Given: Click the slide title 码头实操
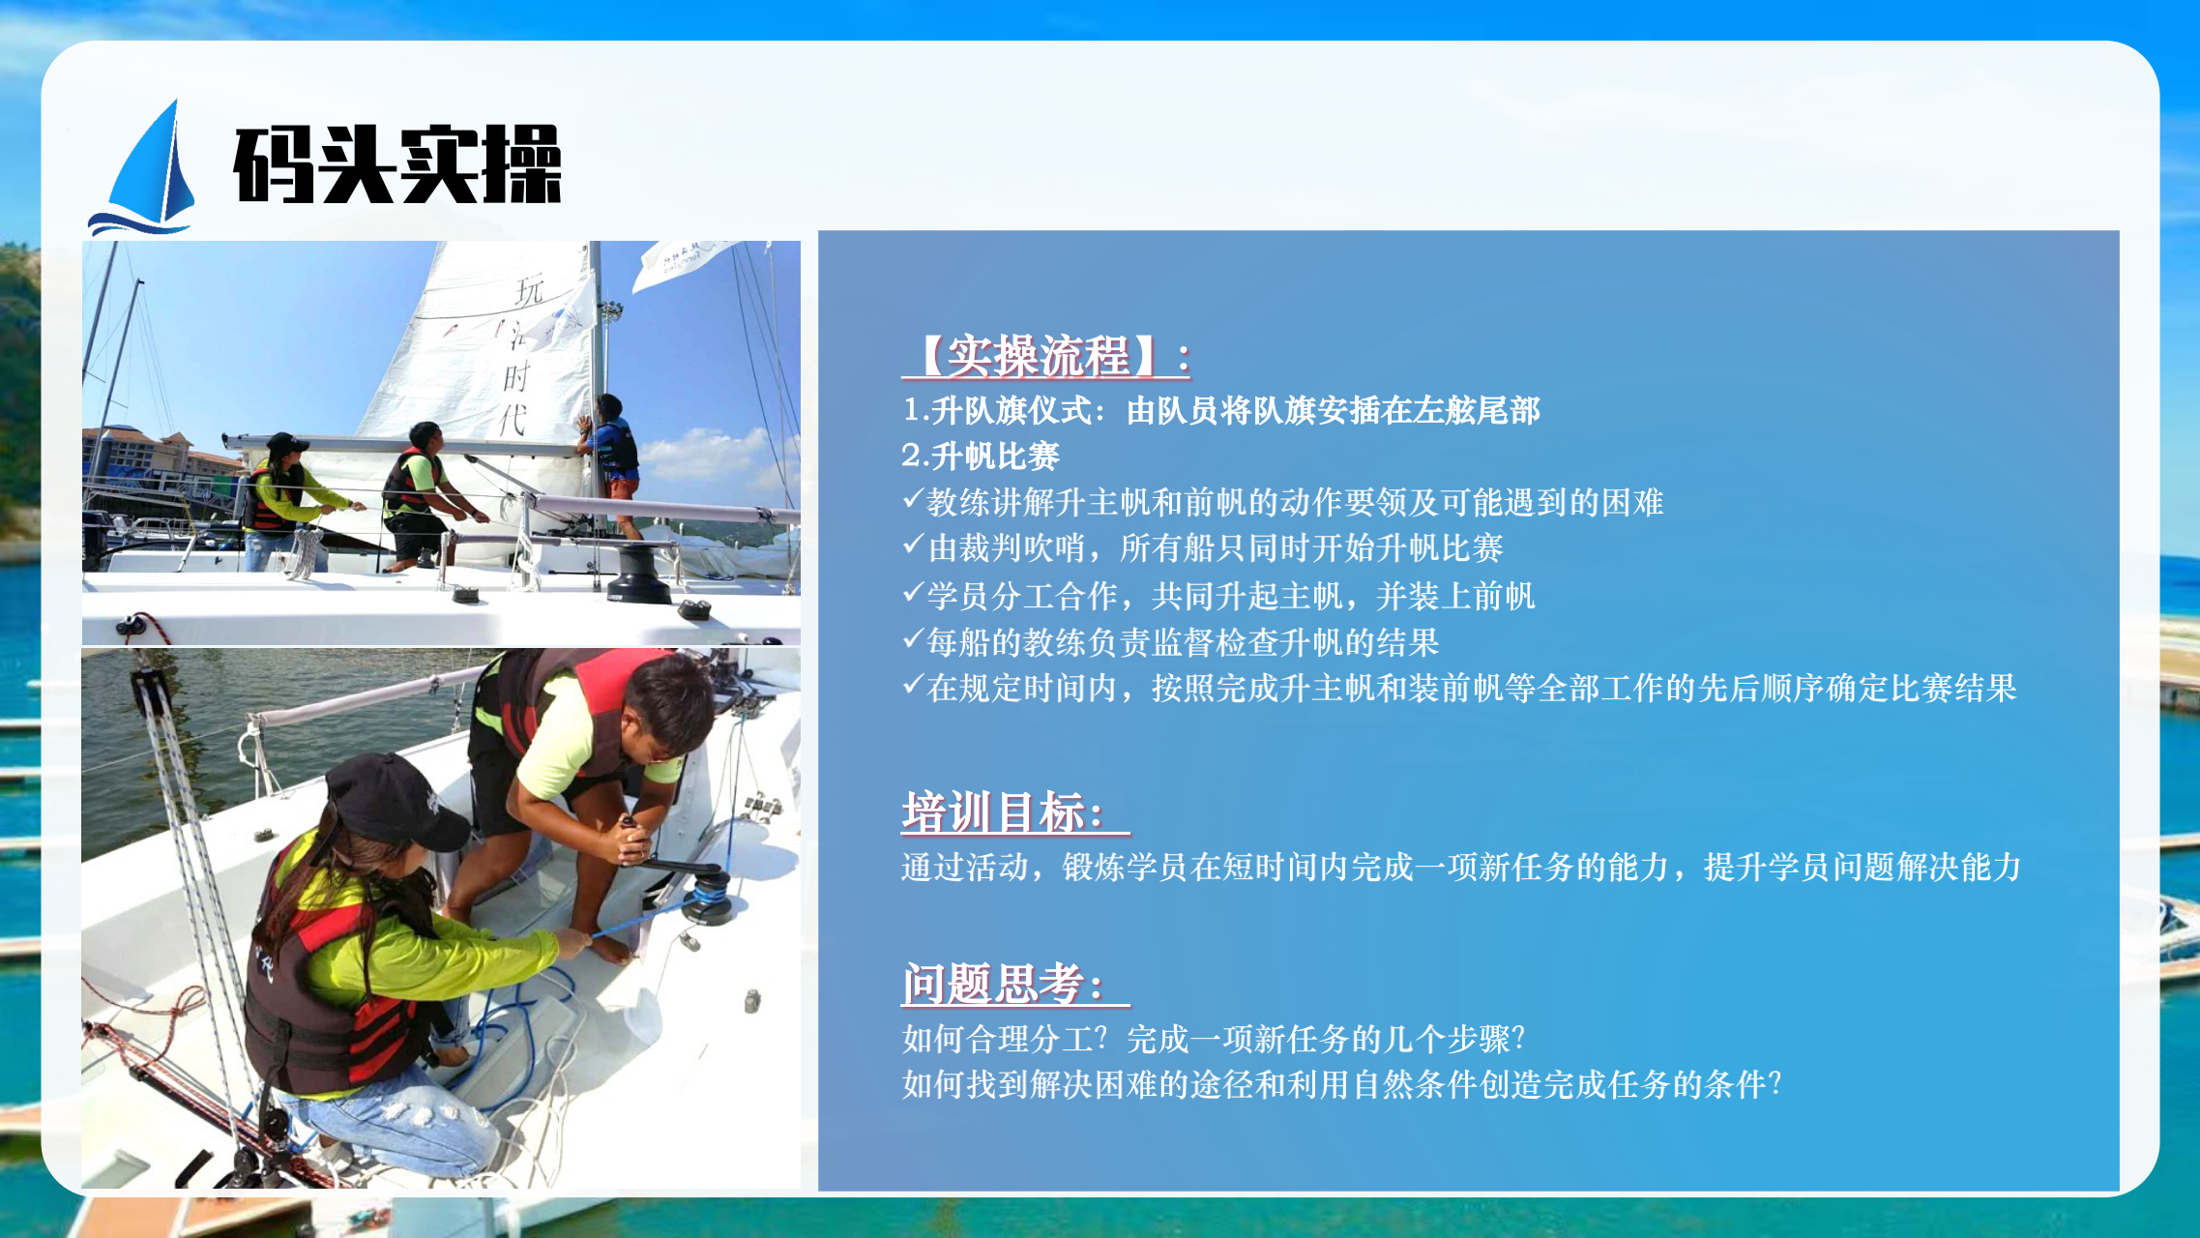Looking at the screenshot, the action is point(397,164).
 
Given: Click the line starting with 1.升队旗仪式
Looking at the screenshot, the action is point(1221,410).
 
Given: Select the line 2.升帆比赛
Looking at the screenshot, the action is point(981,456).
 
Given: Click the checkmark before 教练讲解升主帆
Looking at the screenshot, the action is point(913,499).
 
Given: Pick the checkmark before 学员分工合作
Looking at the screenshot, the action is point(913,592).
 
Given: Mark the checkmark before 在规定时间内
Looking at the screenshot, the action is point(913,685).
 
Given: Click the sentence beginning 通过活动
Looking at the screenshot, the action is point(1461,867).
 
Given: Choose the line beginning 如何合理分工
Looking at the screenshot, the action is point(1214,1039).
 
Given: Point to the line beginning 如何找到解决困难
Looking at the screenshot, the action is point(1341,1084).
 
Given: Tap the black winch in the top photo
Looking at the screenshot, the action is point(637,574).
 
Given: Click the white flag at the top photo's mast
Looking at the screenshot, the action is point(687,262).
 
